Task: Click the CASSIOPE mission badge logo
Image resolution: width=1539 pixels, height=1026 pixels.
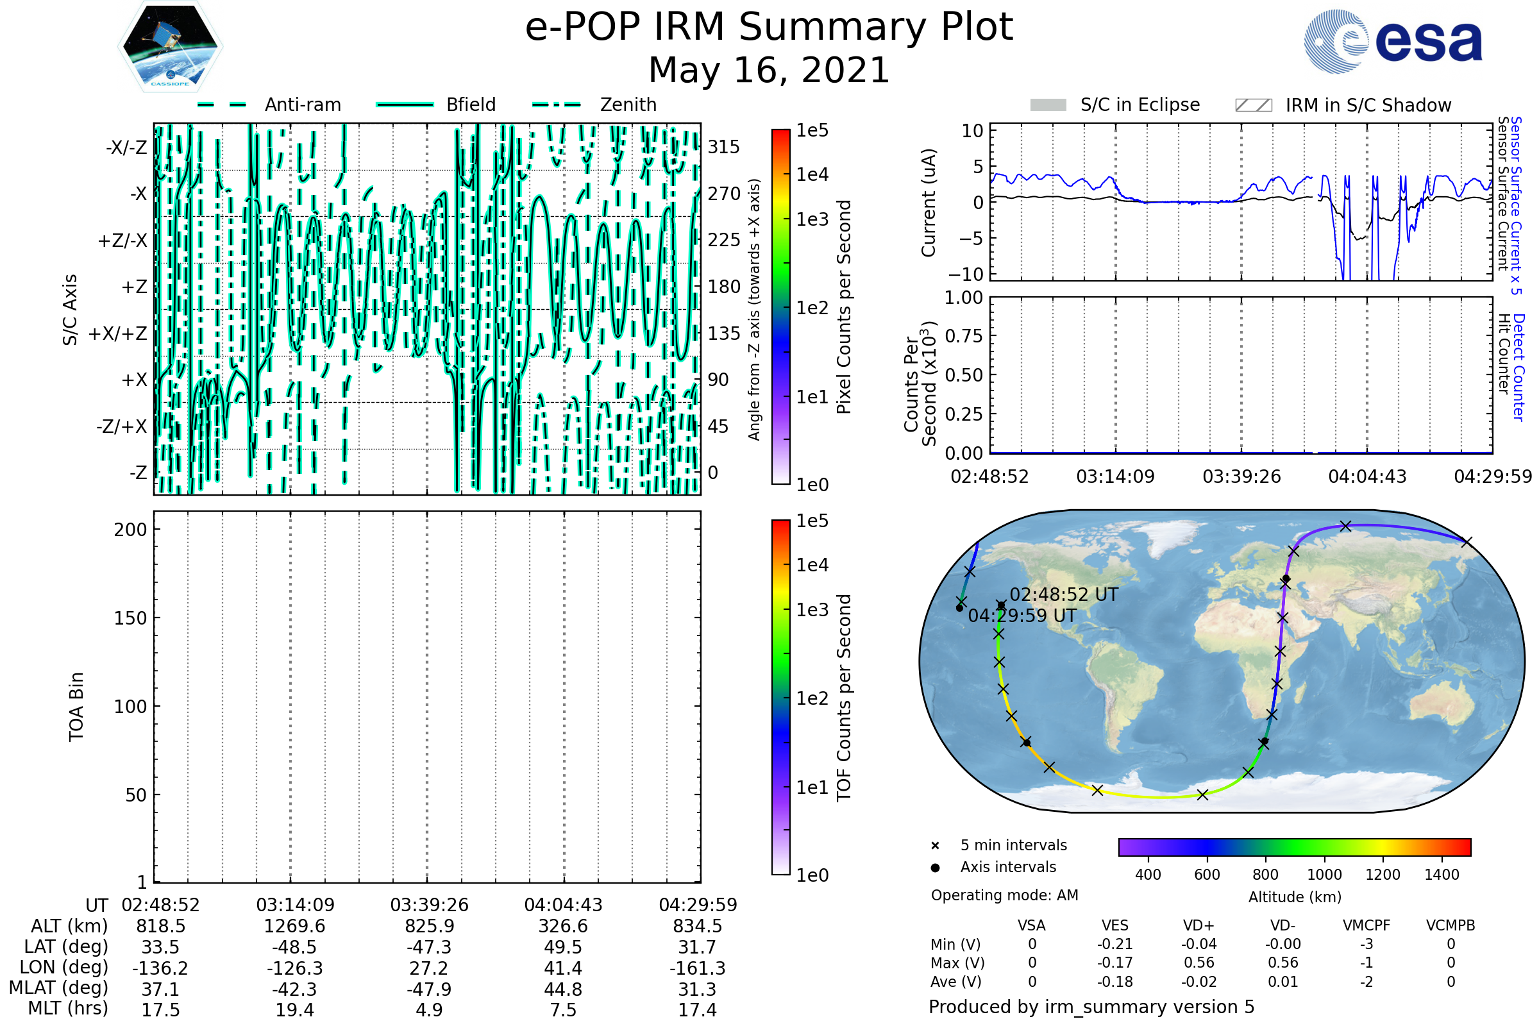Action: (x=170, y=46)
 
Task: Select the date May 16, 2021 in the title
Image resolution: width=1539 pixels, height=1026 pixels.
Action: (x=769, y=70)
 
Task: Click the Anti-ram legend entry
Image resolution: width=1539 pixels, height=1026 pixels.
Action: (x=269, y=105)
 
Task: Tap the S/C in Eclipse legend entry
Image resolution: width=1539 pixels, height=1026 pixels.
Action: (x=1115, y=105)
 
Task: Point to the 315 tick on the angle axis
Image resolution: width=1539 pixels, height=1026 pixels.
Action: (x=724, y=147)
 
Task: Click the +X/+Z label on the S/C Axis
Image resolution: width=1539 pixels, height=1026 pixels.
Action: (x=118, y=333)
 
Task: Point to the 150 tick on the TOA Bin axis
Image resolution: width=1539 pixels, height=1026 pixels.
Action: (x=130, y=618)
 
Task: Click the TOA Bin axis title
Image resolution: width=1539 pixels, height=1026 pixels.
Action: (x=76, y=707)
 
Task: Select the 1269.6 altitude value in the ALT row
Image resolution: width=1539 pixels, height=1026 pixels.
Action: (x=295, y=927)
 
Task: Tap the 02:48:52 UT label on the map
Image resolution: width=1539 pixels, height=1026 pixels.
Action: (x=1064, y=595)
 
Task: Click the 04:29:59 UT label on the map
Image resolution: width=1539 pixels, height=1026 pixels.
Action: (x=1022, y=616)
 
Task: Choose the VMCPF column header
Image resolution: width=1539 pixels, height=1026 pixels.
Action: (x=1367, y=926)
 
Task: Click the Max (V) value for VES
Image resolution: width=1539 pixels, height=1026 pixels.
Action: (x=1115, y=963)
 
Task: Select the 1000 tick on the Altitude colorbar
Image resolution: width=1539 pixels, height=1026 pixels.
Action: (x=1324, y=875)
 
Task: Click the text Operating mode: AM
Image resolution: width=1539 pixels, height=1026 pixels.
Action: (x=1004, y=895)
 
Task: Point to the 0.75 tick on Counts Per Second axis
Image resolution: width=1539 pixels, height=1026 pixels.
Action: (x=964, y=336)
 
